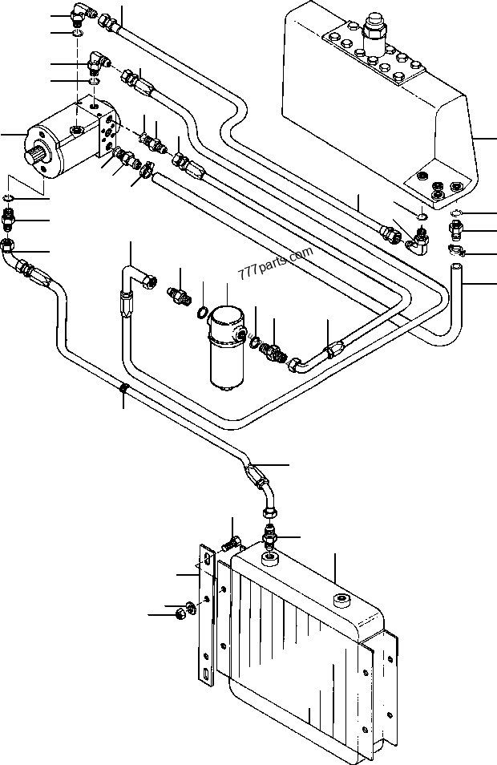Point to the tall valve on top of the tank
pos(374,35)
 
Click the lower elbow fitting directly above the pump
pos(99,62)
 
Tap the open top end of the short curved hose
pos(456,267)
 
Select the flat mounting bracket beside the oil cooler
pos(208,613)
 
